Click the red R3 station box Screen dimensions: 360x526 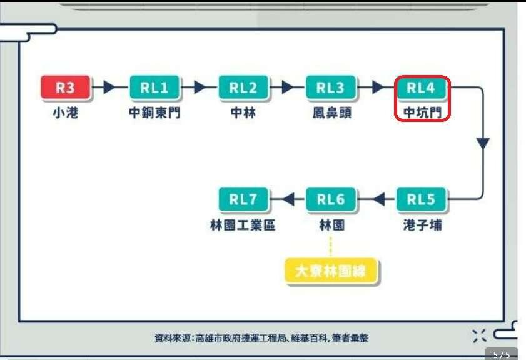(65, 87)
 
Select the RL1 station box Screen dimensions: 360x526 (154, 87)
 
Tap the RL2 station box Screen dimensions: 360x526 (243, 87)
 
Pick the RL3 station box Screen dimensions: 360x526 (330, 87)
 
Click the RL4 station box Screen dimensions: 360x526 (420, 87)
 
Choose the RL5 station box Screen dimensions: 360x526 (420, 199)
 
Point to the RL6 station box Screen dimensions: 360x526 (330, 199)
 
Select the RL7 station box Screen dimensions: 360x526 (243, 199)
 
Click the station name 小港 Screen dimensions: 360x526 (65, 113)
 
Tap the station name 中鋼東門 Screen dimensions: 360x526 (154, 113)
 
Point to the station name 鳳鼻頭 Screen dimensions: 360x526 (331, 113)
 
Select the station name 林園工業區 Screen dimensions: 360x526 (242, 225)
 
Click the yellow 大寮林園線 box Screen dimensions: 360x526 (330, 272)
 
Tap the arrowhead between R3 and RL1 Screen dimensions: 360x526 (109, 87)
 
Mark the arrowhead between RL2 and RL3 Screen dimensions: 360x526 (288, 87)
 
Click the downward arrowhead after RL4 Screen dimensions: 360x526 (482, 143)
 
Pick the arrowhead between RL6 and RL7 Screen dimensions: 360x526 (288, 199)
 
